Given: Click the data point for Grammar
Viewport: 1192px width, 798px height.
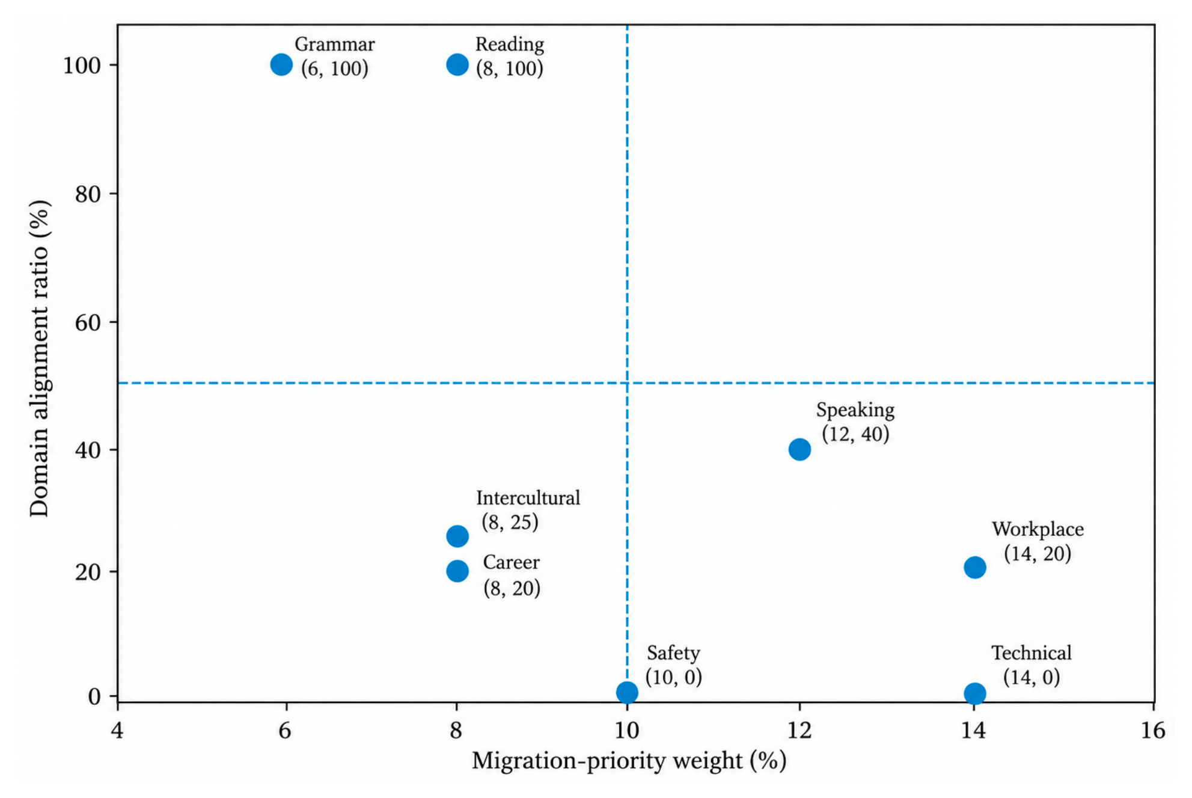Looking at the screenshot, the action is coord(281,64).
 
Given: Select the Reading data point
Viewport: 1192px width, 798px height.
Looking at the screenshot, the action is coord(457,64).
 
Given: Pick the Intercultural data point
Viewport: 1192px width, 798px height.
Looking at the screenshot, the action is coord(457,536).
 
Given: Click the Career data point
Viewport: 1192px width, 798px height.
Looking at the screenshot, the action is coord(457,571).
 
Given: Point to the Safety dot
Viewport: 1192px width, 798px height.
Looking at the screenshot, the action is coord(627,692).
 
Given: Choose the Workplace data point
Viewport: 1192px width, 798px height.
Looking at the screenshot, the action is coord(975,567).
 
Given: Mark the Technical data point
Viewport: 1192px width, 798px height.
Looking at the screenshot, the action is coord(975,693).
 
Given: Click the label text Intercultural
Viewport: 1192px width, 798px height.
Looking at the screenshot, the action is coord(528,498).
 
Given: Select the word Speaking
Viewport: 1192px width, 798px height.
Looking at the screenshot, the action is coord(855,411).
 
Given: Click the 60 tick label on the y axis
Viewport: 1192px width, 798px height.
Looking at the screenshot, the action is coord(88,322).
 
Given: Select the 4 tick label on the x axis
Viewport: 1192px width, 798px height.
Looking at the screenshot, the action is coord(117,730).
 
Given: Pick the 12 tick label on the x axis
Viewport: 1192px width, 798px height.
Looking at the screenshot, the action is coord(799,730).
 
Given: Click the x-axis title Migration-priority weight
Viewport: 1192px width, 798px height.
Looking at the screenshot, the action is coord(608,761).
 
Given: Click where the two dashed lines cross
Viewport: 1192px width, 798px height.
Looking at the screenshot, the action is coord(627,382).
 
